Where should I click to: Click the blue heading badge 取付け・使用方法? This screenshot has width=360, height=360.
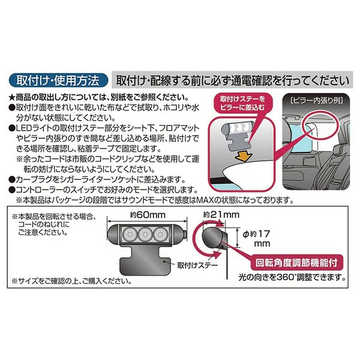tap(58, 80)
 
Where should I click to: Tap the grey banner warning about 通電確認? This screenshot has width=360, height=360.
tap(232, 80)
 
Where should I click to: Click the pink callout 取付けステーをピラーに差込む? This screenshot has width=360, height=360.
tap(242, 103)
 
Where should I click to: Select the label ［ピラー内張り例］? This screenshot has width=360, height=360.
tap(317, 100)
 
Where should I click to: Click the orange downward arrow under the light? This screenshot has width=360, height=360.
tap(244, 157)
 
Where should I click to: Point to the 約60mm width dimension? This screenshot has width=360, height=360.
tap(148, 215)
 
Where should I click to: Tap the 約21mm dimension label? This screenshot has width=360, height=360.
tap(221, 215)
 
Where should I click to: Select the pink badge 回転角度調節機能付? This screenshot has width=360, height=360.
tap(296, 263)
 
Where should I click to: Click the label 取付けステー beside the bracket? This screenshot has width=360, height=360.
tap(197, 265)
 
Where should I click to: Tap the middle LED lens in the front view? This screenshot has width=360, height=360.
tap(145, 235)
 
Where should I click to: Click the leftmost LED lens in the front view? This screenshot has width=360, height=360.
tap(130, 235)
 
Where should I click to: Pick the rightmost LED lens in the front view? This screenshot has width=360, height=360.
tap(160, 235)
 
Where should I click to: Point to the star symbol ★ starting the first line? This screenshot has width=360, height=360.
tap(12, 98)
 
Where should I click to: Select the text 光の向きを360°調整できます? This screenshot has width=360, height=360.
tap(292, 278)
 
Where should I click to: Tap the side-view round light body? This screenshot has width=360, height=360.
tap(212, 238)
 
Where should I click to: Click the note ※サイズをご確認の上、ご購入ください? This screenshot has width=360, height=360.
tap(71, 281)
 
